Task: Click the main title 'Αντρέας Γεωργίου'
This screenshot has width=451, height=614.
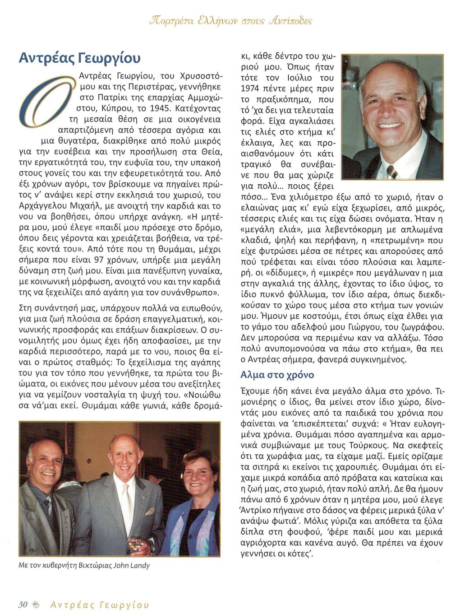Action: coord(79,58)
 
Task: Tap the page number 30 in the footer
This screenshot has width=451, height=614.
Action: coord(23,605)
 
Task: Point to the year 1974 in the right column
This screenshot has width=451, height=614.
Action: coord(253,88)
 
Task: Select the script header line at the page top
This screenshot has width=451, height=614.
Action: coord(233,21)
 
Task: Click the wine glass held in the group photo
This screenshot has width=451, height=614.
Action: coord(134,540)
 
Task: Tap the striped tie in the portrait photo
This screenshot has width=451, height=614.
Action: coord(391,171)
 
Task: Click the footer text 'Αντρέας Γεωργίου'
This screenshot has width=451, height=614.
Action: coord(100,605)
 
